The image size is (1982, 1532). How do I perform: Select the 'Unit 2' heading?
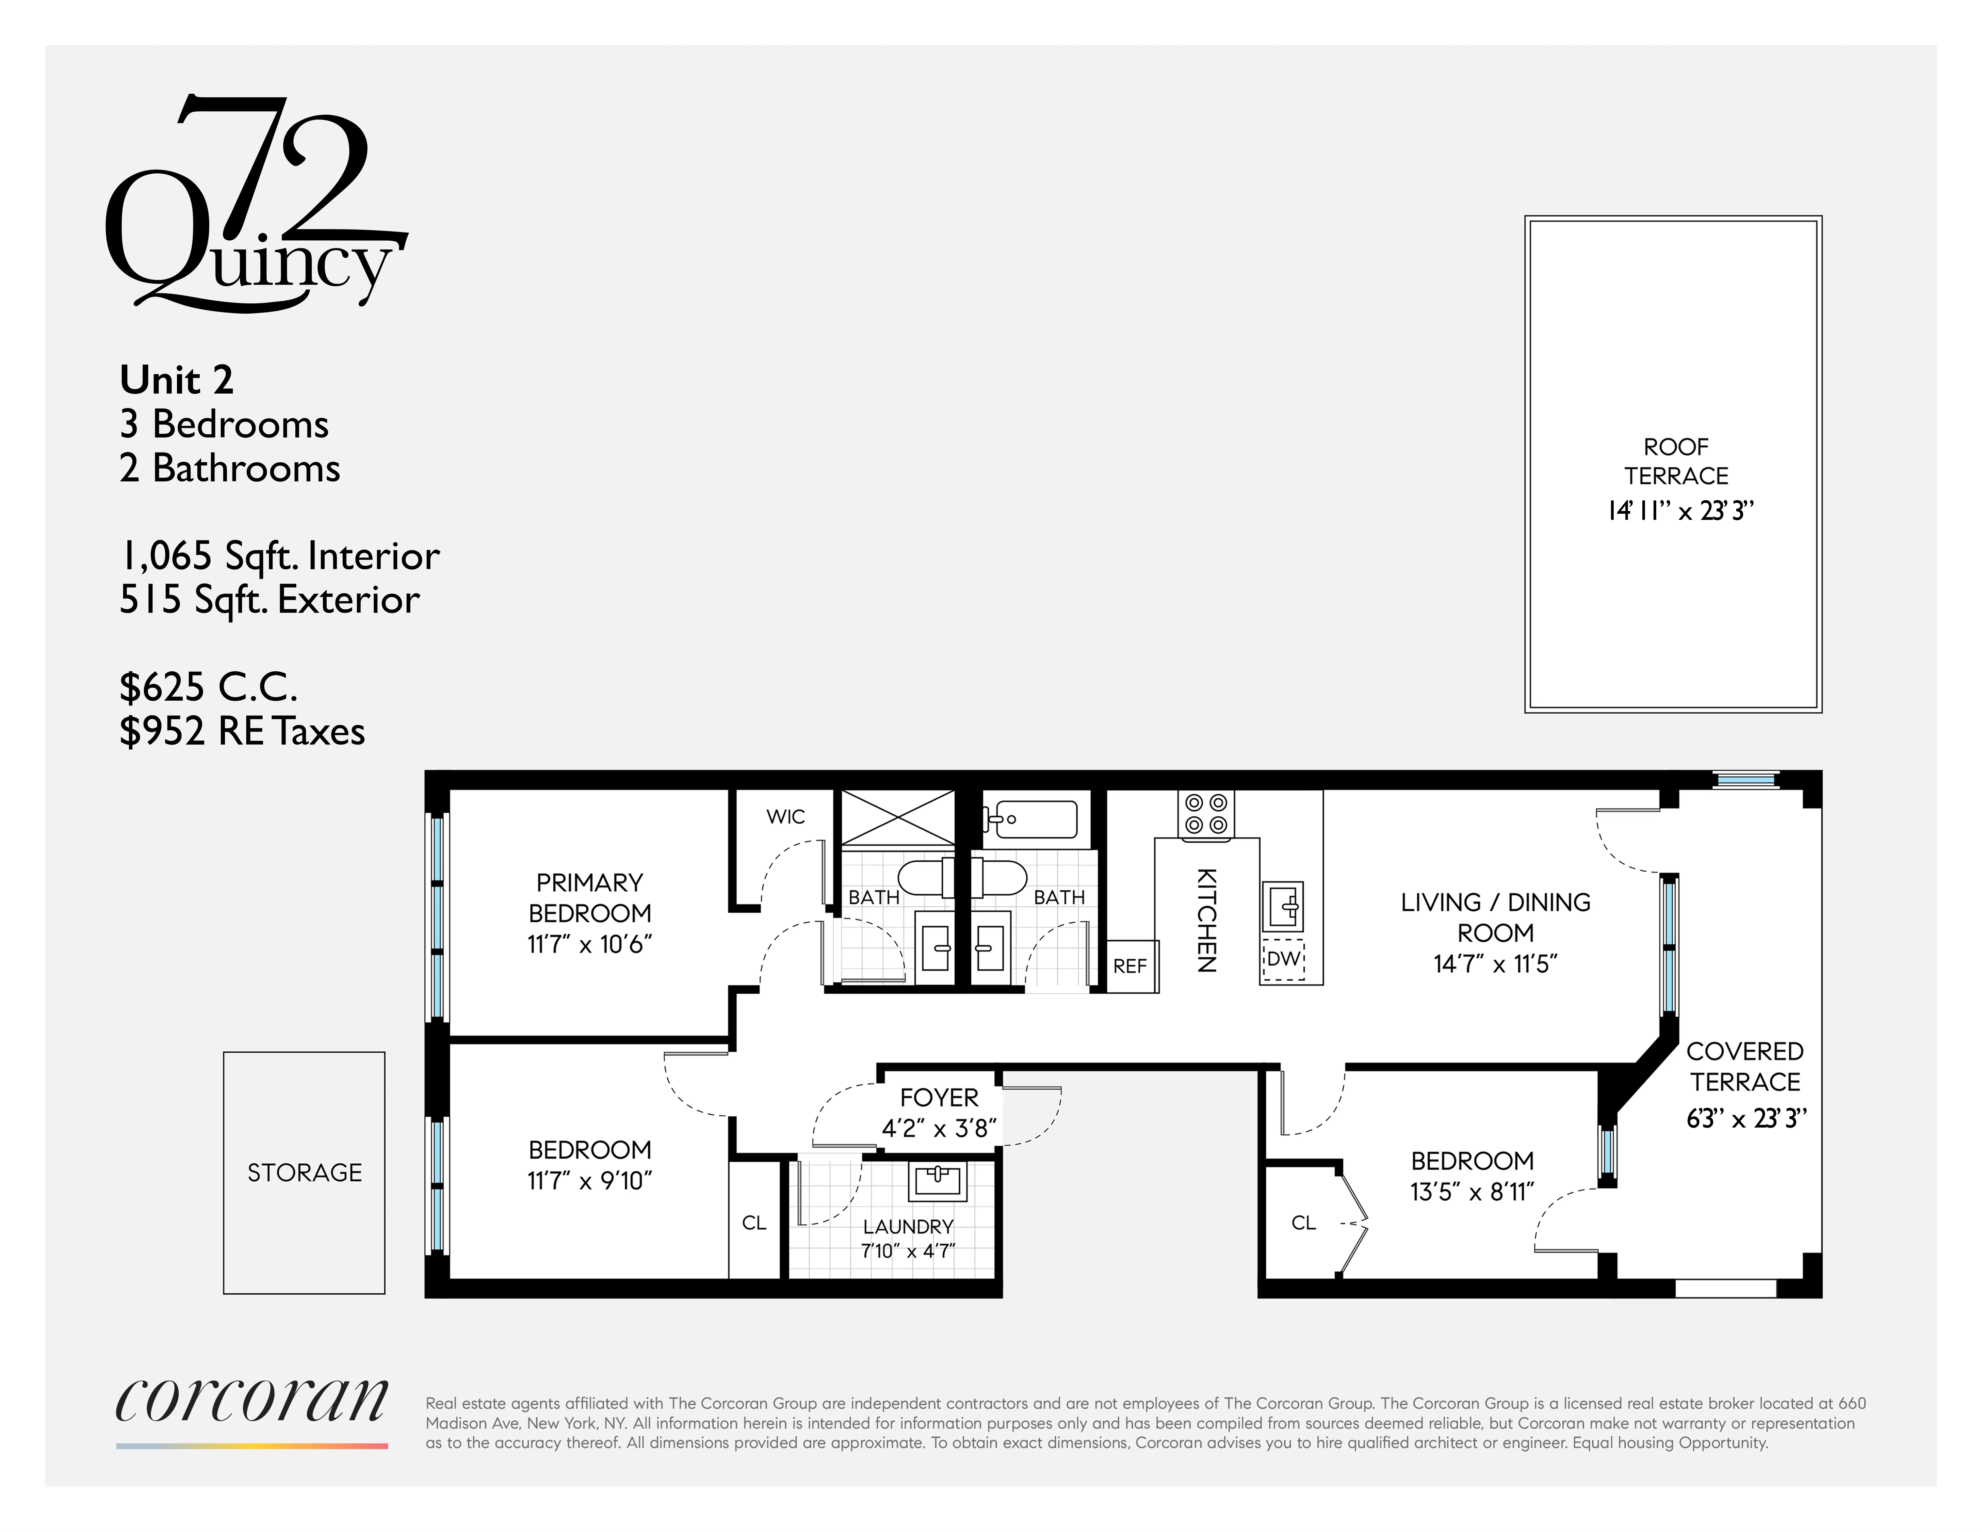pyautogui.click(x=177, y=379)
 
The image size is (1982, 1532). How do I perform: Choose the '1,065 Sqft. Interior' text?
pyautogui.click(x=279, y=556)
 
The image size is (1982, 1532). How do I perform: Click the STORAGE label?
pyautogui.click(x=304, y=1172)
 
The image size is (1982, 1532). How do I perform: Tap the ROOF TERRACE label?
pyautogui.click(x=1675, y=461)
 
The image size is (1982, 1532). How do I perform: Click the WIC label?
pyautogui.click(x=785, y=817)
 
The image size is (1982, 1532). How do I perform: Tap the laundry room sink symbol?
pyautogui.click(x=938, y=1180)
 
